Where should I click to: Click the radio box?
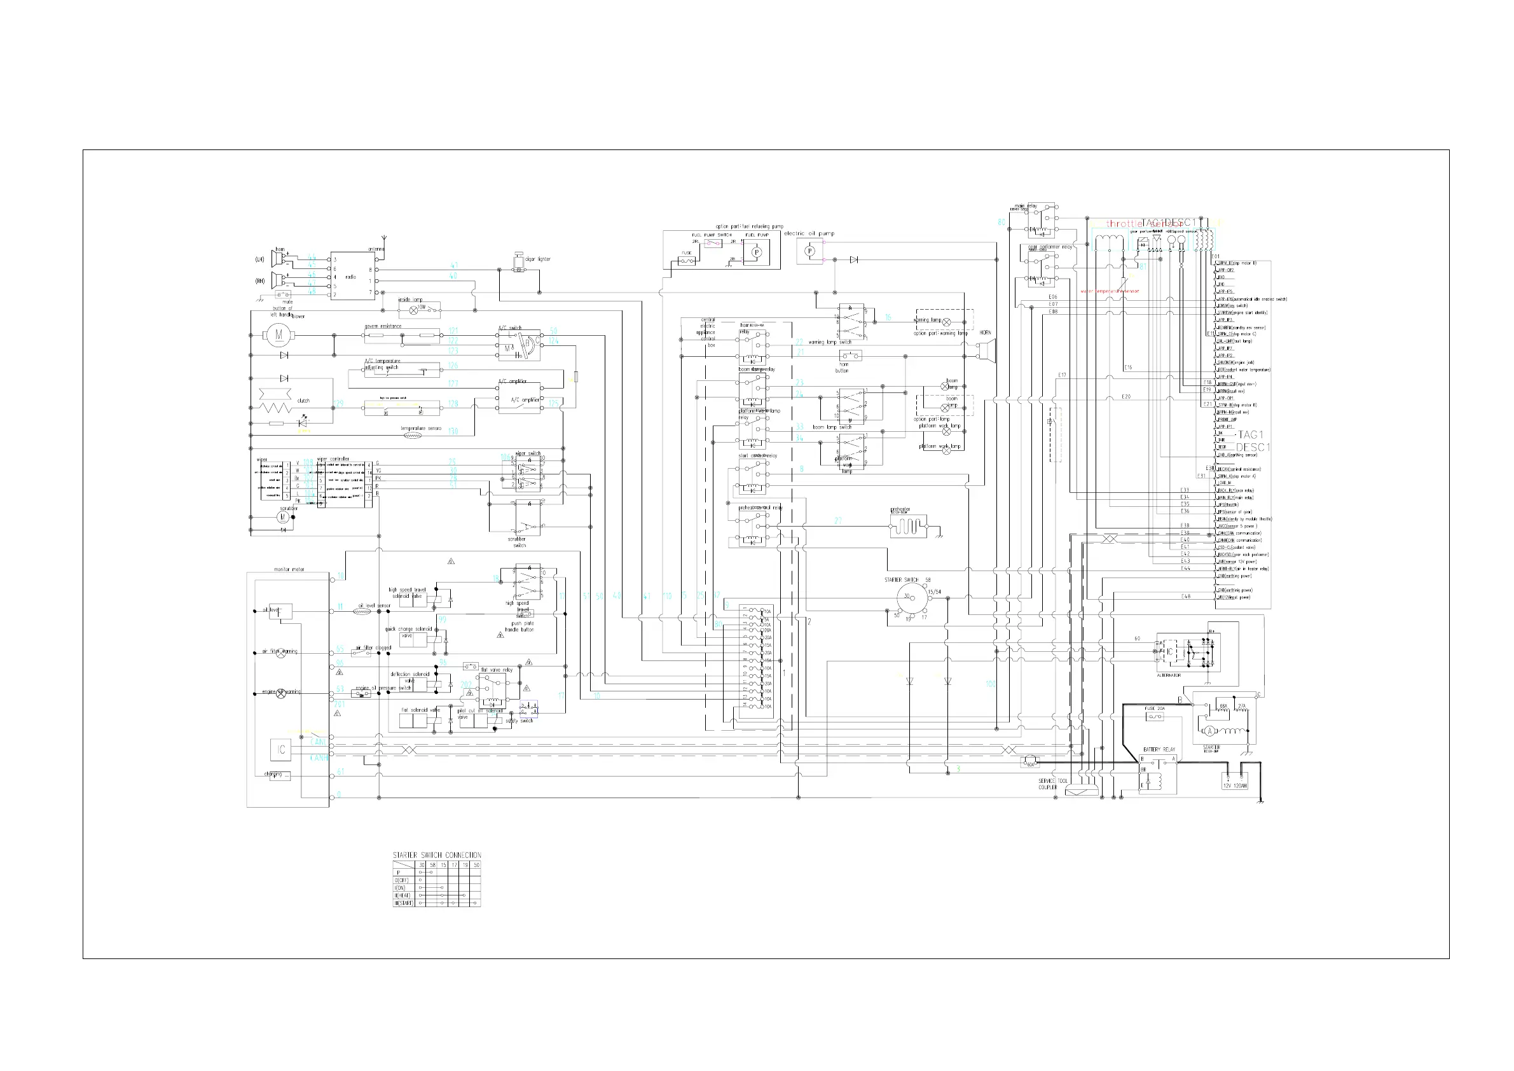click(353, 276)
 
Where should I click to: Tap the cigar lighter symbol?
click(519, 263)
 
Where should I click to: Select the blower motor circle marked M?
click(279, 335)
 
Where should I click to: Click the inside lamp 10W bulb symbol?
click(415, 308)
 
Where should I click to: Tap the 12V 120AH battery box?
click(1235, 782)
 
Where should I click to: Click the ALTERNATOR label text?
click(1169, 675)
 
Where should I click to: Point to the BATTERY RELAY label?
click(1159, 749)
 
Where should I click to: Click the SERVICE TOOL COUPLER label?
click(1052, 784)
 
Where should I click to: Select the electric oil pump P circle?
click(810, 251)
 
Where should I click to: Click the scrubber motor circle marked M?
click(283, 518)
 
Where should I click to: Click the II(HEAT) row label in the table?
click(402, 895)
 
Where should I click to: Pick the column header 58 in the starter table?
click(432, 864)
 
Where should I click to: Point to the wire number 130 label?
click(453, 431)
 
